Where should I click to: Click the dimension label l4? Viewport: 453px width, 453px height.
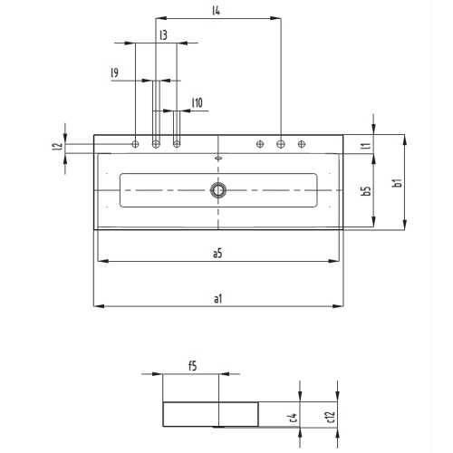(217, 11)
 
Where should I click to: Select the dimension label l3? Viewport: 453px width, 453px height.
(162, 34)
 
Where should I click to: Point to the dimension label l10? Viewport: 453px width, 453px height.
(197, 102)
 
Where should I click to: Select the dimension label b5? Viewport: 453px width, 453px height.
(365, 191)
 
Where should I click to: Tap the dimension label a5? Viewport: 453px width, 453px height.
(217, 254)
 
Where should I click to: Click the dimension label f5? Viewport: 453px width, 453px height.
(192, 365)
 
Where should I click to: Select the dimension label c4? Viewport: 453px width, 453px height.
(291, 417)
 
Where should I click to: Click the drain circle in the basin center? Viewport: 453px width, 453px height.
(218, 189)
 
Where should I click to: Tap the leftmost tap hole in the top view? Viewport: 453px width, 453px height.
(136, 144)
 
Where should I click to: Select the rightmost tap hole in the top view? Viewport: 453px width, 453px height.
(302, 144)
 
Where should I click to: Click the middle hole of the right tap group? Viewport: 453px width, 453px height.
(281, 144)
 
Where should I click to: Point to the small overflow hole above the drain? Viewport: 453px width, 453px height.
(218, 158)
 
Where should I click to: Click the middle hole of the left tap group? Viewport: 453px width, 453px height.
(156, 144)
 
